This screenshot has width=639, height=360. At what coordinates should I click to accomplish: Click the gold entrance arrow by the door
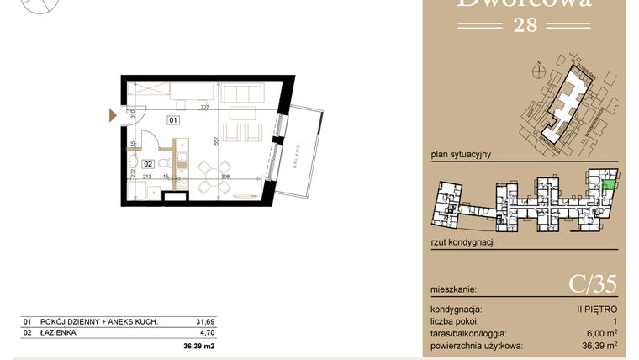pos(113,116)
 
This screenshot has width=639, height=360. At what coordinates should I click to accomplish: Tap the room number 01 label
pos(173,120)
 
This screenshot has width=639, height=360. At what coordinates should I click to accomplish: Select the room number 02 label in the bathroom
pos(147,164)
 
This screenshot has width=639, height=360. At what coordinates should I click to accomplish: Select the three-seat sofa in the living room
pos(243,96)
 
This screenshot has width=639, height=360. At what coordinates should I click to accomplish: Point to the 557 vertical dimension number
pos(216,143)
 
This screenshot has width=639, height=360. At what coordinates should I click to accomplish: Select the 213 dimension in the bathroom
pos(146,177)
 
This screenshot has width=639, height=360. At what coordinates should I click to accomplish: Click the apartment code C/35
pos(593,286)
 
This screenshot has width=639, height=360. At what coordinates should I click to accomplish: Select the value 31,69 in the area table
pos(204,321)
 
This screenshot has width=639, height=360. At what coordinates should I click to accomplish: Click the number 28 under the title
pos(523,25)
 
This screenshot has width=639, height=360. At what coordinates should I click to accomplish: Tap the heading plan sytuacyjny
pos(460,155)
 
